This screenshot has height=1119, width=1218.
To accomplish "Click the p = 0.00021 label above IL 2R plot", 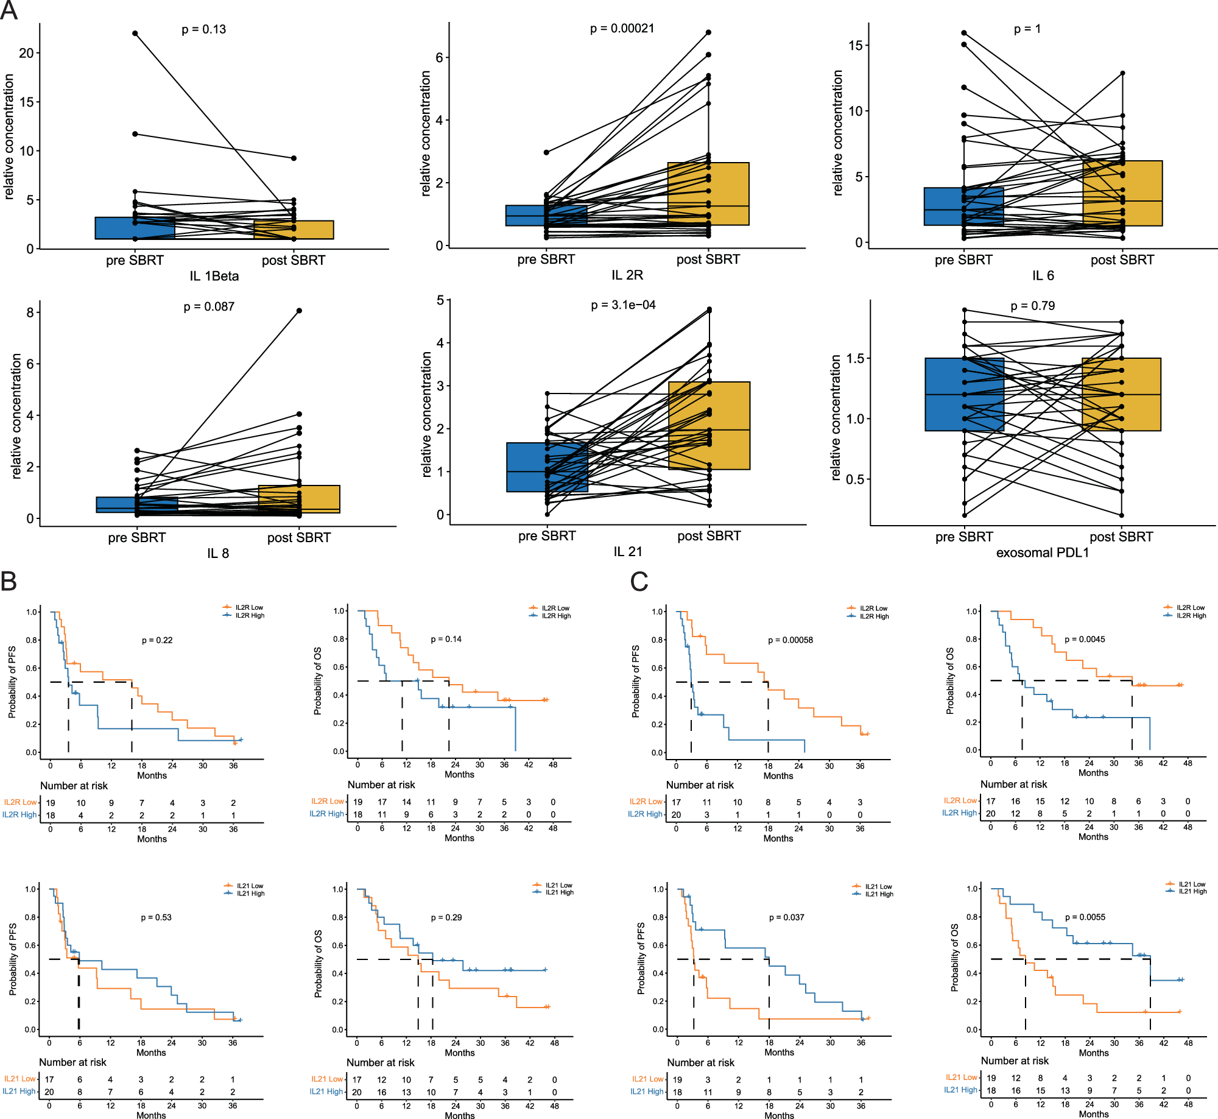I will [x=622, y=29].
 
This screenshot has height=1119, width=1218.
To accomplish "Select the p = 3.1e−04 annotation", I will [x=623, y=305].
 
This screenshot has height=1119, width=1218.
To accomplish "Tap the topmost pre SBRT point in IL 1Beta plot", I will [x=135, y=34].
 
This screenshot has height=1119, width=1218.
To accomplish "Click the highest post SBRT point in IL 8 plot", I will [x=299, y=311].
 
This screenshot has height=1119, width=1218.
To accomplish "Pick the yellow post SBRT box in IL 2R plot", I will [x=708, y=194].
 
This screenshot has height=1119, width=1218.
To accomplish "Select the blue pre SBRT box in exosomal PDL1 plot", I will [x=964, y=394].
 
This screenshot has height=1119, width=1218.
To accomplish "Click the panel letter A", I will [x=9, y=10].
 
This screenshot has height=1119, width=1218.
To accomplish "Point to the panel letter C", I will [x=639, y=582].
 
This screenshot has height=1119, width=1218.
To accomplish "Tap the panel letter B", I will [x=9, y=582].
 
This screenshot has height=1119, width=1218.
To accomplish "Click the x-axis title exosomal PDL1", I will [x=1042, y=552].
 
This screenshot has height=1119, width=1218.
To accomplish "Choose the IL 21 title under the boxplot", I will [x=627, y=551].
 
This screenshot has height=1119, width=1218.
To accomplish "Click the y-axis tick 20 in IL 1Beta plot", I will [x=26, y=53].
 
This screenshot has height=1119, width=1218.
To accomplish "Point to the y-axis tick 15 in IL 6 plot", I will [x=855, y=46].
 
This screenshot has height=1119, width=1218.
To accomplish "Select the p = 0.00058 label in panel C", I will [x=790, y=640].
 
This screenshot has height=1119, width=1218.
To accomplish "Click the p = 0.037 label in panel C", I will [x=786, y=917].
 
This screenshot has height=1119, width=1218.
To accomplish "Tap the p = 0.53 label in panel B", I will [x=157, y=917].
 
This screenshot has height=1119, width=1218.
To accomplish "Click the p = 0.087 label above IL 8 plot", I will [x=209, y=306].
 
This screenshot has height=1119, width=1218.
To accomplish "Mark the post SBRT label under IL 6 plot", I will [x=1122, y=260].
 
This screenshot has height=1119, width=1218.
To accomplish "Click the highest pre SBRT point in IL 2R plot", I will [x=546, y=152].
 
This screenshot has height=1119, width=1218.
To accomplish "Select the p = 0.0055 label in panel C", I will [x=1085, y=917].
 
